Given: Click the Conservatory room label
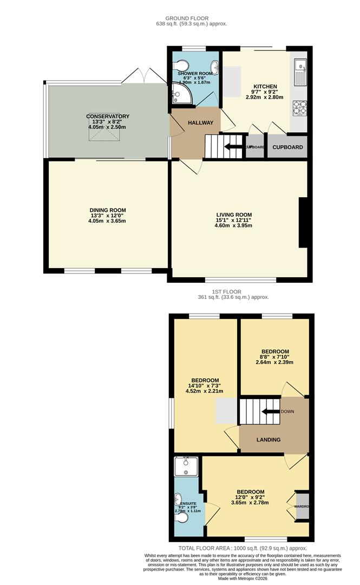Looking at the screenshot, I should coord(108,116).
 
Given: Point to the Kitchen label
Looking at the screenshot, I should coord(265,86).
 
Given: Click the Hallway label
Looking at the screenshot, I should coord(201,123).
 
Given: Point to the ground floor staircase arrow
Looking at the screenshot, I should coord(233,146).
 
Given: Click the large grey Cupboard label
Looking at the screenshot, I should coord(287,147).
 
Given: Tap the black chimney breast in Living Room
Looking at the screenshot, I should coord(304,223).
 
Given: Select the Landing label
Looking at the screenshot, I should coord(269,439).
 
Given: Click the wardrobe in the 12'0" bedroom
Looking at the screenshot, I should coord(302,506).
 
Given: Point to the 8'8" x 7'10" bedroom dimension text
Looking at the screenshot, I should coord(274,362).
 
